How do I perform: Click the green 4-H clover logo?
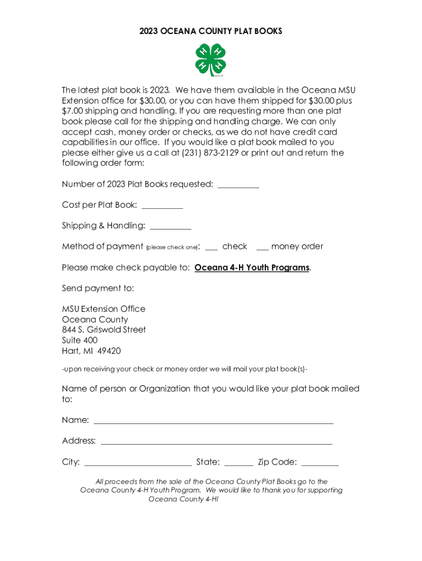[210, 60]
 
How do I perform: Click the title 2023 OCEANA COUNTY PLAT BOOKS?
[210, 31]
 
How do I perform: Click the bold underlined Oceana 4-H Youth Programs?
[252, 268]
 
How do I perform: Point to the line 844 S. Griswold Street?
[104, 330]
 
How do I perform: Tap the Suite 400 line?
[79, 340]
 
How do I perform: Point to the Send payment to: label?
[98, 288]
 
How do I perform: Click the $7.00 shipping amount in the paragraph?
[73, 111]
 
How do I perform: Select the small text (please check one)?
[172, 248]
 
